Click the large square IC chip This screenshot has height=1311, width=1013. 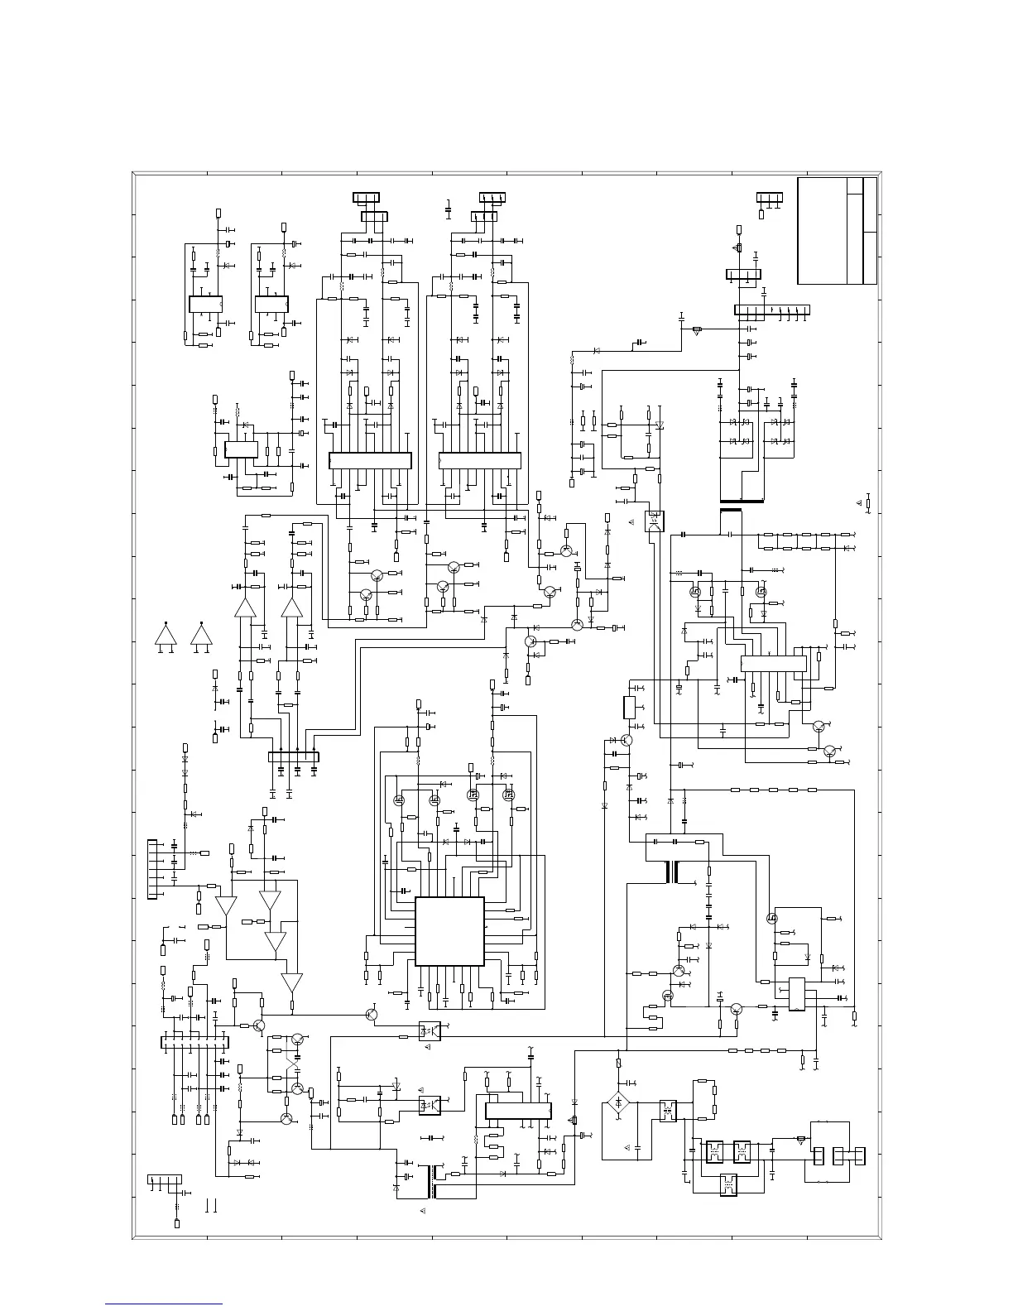pos(449,931)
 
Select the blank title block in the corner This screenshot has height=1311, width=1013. pos(837,231)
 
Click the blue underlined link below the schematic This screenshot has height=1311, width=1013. pos(164,1305)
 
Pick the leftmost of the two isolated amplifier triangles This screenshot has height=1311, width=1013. pos(166,635)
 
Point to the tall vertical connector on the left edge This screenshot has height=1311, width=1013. pos(151,869)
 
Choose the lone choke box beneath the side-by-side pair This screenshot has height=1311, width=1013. pos(728,1184)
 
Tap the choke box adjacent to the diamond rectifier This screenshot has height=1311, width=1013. pos(667,1110)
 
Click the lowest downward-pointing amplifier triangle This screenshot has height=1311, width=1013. pos(292,982)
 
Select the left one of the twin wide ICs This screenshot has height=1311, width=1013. pos(370,461)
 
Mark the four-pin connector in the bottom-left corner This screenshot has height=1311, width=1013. pos(165,1179)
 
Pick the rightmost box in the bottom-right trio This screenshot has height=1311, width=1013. pos(860,1156)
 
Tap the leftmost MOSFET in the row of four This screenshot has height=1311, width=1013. pos(398,800)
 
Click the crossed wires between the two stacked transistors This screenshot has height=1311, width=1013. pos(291,1064)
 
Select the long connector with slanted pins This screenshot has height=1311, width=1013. pos(771,310)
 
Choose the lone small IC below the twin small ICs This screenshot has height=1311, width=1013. pos(241,450)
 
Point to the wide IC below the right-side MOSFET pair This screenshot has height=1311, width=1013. pos(773,664)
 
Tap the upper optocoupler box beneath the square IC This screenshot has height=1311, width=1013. pos(430,1031)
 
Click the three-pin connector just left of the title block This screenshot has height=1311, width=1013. pos(770,197)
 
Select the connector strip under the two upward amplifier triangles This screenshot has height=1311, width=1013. pos(294,756)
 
